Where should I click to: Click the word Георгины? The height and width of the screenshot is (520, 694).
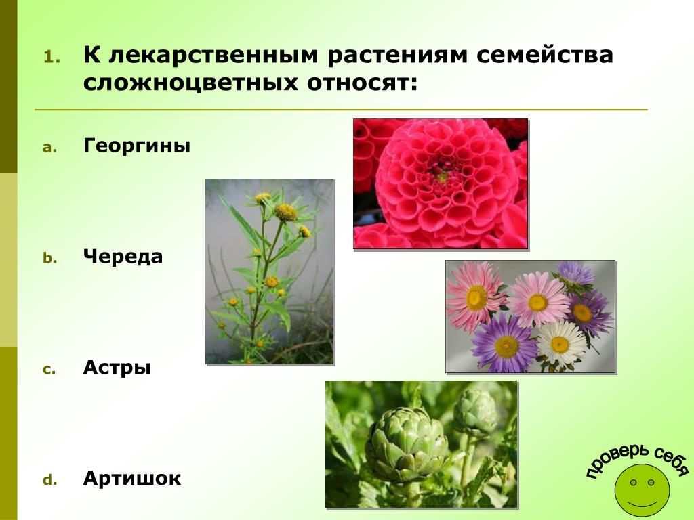click(x=137, y=146)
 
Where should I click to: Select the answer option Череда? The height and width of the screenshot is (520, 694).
click(x=123, y=257)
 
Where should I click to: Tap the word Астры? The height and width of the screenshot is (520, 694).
click(x=117, y=368)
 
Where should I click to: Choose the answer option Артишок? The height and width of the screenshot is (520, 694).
click(x=132, y=478)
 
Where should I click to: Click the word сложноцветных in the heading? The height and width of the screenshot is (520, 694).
click(x=190, y=83)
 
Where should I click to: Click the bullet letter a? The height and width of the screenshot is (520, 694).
click(x=49, y=148)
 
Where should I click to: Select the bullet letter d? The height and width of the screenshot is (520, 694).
click(x=49, y=480)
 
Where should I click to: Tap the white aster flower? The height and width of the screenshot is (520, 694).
click(x=560, y=343)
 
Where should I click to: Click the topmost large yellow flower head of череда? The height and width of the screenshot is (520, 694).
click(x=286, y=212)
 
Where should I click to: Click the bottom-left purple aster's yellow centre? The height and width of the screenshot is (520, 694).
click(x=507, y=347)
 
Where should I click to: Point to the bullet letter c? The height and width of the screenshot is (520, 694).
click(x=49, y=370)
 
